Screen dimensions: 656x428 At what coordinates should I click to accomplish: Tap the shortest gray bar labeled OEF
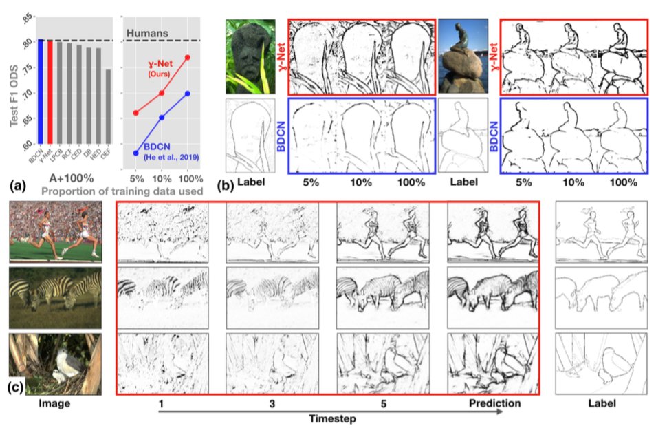point(107,113)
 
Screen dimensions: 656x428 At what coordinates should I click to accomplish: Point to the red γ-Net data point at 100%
point(186,58)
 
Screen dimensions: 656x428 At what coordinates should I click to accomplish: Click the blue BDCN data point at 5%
point(136,153)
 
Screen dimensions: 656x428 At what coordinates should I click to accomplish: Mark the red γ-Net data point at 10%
point(162,93)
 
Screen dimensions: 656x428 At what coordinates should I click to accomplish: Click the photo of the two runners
point(55,231)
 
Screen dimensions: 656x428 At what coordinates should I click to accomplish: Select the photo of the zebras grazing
point(55,297)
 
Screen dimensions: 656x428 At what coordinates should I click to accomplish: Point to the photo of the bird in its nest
point(55,363)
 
